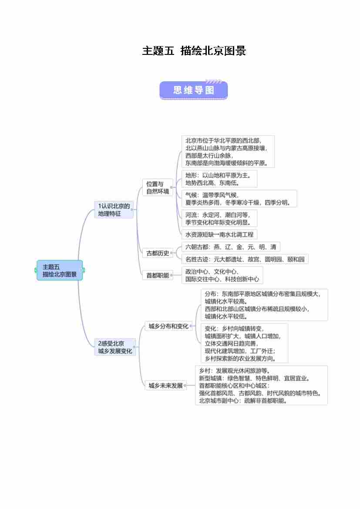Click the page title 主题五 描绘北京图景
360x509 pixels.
[194, 51]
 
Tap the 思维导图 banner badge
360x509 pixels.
[194, 90]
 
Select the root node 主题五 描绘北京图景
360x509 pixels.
[60, 270]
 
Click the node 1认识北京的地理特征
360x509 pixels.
[114, 210]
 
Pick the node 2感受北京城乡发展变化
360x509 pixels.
[115, 347]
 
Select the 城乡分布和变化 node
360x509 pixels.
[168, 326]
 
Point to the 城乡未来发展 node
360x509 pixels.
[166, 385]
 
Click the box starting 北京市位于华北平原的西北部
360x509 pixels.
[228, 152]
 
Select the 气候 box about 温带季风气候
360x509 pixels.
[239, 199]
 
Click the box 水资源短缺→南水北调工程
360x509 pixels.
[219, 235]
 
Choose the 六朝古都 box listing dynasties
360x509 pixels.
[231, 247]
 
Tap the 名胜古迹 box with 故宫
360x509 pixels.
[245, 260]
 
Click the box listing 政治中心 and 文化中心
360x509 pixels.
[222, 275]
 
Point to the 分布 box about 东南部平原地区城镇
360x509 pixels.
[264, 305]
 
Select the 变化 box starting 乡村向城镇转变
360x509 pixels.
[244, 344]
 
